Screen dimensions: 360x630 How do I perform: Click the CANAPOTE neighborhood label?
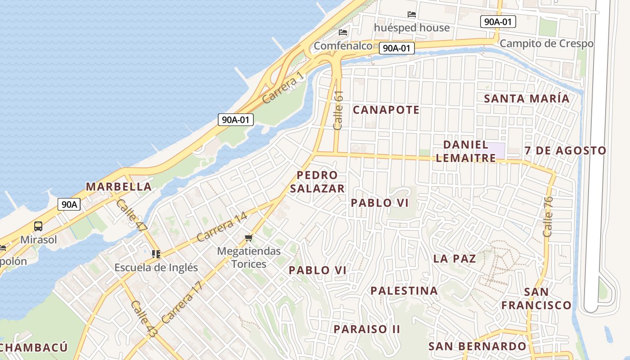pos(386,110)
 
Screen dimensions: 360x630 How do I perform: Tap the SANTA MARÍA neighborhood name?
pos(526,99)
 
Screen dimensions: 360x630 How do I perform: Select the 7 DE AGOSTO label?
pos(566,151)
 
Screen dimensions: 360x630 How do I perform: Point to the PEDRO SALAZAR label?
pos(317,182)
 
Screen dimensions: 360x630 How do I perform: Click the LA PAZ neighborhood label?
pos(454,259)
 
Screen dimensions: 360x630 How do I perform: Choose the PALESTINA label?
pos(404,291)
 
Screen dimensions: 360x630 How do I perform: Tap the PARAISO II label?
pos(367,329)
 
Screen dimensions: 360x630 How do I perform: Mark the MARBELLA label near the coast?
pos(119,187)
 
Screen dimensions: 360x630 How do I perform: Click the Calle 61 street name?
pos(338,111)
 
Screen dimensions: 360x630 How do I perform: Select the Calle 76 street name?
pos(548,216)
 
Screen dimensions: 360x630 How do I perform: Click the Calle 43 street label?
pos(144,319)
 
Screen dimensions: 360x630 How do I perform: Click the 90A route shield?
pos(69,204)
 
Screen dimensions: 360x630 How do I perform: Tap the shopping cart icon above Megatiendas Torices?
pos(249,238)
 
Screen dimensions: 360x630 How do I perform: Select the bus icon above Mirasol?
pos(38,226)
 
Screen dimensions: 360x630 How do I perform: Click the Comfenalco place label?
pos(343,46)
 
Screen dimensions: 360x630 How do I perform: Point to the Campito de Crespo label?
pos(546,44)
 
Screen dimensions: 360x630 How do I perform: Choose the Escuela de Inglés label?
pos(156,267)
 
